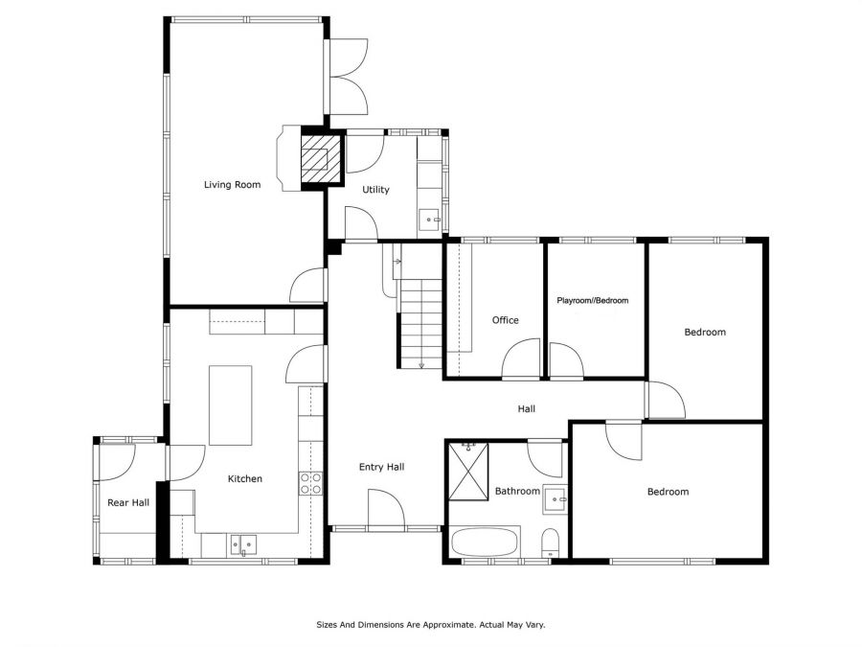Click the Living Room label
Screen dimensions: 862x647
click(x=232, y=185)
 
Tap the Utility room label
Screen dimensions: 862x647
click(x=375, y=190)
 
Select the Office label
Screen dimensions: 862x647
click(x=505, y=320)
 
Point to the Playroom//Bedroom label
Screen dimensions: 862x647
click(x=592, y=300)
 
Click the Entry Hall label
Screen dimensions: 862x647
click(x=381, y=467)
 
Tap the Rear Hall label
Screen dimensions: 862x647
click(x=128, y=502)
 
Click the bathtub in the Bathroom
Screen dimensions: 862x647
click(x=485, y=543)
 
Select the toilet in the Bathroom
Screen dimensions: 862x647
click(x=551, y=543)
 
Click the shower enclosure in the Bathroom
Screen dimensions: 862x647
click(x=468, y=472)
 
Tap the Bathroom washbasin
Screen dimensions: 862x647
click(x=556, y=499)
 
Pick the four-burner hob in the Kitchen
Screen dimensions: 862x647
click(x=310, y=484)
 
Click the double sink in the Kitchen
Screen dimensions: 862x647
click(x=243, y=545)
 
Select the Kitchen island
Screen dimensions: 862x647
click(x=230, y=405)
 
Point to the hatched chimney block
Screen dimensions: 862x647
click(x=322, y=158)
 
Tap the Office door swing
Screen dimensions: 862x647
click(x=521, y=358)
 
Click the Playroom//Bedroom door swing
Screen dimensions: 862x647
click(x=566, y=361)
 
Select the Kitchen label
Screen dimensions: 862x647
click(x=244, y=479)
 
